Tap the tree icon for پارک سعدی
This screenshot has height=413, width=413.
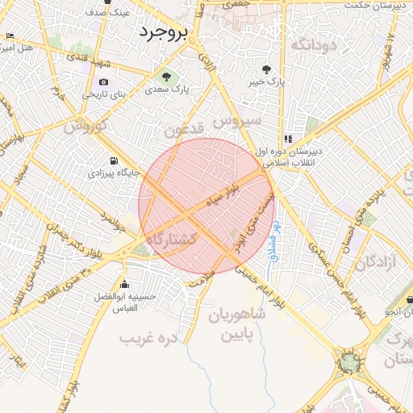(165, 77)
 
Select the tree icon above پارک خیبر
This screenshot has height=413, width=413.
(268, 69)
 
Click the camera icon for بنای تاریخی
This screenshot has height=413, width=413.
(103, 82)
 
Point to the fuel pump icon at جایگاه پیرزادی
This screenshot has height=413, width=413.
(111, 160)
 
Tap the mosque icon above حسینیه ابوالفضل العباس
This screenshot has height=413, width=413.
(124, 285)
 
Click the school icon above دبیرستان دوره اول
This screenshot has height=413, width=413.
(289, 139)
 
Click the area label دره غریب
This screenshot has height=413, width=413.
(148, 338)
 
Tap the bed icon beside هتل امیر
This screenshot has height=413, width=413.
(10, 37)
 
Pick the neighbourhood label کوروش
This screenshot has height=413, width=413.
(86, 127)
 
